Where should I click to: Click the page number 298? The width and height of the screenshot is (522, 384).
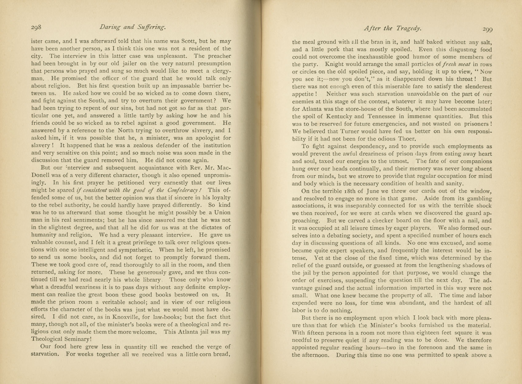click(x=36, y=27)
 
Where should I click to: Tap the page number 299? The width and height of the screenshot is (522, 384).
click(x=487, y=29)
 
